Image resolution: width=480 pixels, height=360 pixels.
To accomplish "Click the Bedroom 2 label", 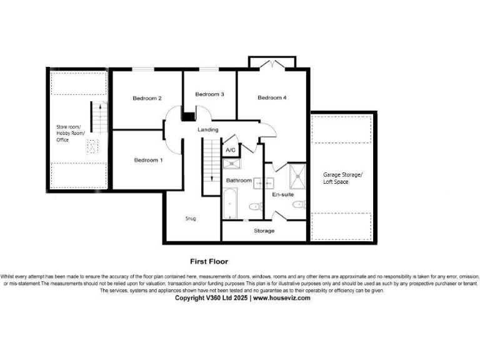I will pyautogui.click(x=147, y=98).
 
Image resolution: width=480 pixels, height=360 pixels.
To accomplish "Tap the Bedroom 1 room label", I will pyautogui.click(x=149, y=160).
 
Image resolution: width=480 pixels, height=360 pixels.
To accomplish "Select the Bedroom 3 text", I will pyautogui.click(x=209, y=94).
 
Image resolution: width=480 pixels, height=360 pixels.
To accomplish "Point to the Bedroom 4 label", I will pyautogui.click(x=272, y=97).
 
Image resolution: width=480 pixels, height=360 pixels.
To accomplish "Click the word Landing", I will pyautogui.click(x=208, y=129).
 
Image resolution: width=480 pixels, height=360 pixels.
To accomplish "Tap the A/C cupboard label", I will pyautogui.click(x=230, y=150).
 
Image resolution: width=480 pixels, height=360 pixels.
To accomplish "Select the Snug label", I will pyautogui.click(x=191, y=219).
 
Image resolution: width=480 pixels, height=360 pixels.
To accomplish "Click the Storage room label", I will pyautogui.click(x=264, y=231).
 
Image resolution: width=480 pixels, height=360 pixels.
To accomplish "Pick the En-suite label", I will pyautogui.click(x=282, y=195).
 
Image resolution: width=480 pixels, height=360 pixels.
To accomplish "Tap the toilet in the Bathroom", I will pyautogui.click(x=256, y=206).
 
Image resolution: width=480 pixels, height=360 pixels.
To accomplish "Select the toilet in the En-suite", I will pyautogui.click(x=299, y=204).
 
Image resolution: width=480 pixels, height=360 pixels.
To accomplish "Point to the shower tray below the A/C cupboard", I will pyautogui.click(x=231, y=164).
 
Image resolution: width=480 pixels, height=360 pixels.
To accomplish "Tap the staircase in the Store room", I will pyautogui.click(x=97, y=116).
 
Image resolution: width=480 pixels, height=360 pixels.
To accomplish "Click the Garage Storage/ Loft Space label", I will pyautogui.click(x=342, y=177).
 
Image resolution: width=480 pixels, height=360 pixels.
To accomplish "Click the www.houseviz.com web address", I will pyautogui.click(x=281, y=298).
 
